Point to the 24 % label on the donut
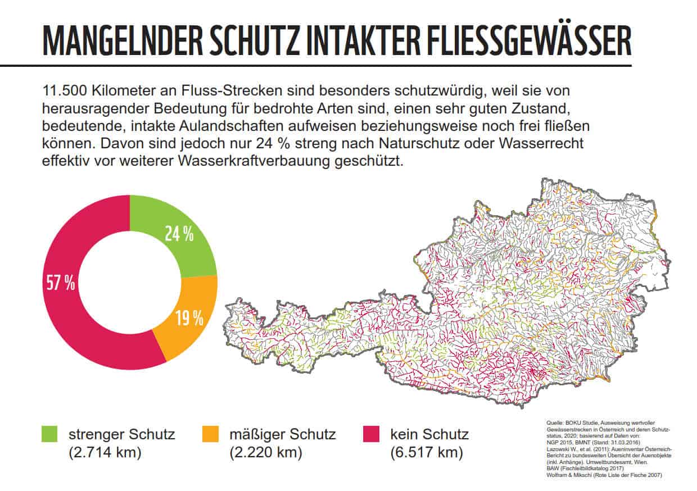pyautogui.click(x=179, y=234)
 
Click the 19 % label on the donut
pyautogui.click(x=189, y=319)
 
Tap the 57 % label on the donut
pyautogui.click(x=60, y=283)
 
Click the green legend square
pyautogui.click(x=49, y=434)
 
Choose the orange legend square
pyautogui.click(x=210, y=434)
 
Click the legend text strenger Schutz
pyautogui.click(x=122, y=434)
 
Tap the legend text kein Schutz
pyautogui.click(x=430, y=434)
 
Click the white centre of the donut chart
pyautogui.click(x=130, y=283)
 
